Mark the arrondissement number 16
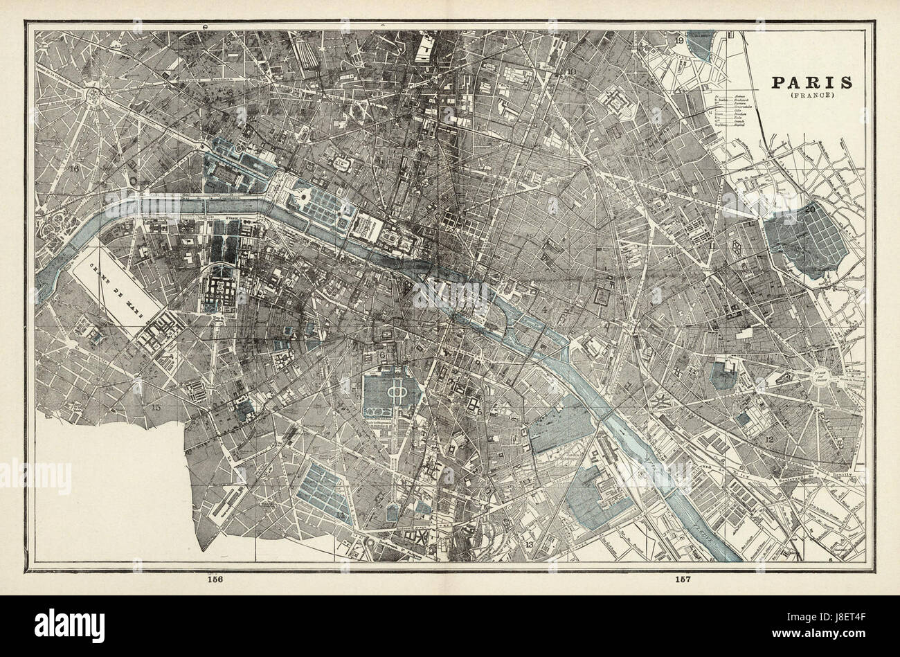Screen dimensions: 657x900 (x=75, y=168)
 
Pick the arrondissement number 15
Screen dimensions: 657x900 (x=156, y=408)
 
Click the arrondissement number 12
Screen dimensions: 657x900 (x=769, y=439)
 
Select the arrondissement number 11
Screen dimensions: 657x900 (x=712, y=246)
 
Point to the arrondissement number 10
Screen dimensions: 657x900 (x=572, y=71)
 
